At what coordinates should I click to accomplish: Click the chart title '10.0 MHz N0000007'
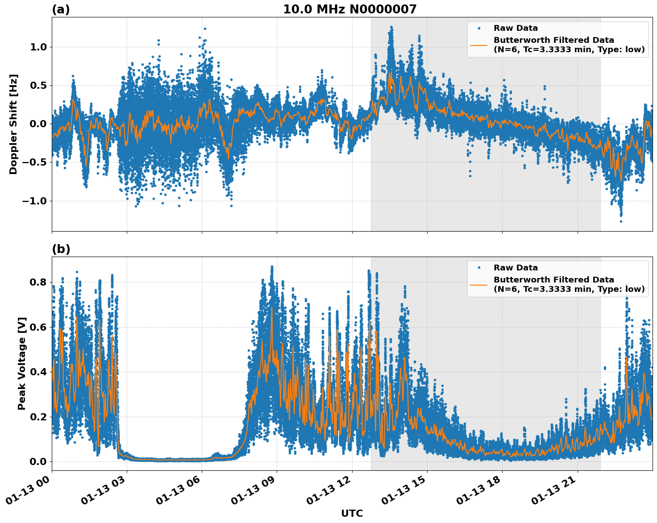pyautogui.click(x=349, y=9)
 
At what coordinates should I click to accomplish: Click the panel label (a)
pyautogui.click(x=61, y=9)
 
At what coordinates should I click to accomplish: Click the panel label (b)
pyautogui.click(x=61, y=249)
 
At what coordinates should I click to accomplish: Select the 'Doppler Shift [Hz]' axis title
pyautogui.click(x=13, y=124)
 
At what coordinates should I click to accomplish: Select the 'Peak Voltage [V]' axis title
pyautogui.click(x=22, y=363)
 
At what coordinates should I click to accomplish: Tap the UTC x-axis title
pyautogui.click(x=352, y=513)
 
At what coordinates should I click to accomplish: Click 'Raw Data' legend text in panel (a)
pyautogui.click(x=516, y=28)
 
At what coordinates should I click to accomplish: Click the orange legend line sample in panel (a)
pyautogui.click(x=478, y=45)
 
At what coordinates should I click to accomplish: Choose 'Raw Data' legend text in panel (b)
pyautogui.click(x=516, y=268)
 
